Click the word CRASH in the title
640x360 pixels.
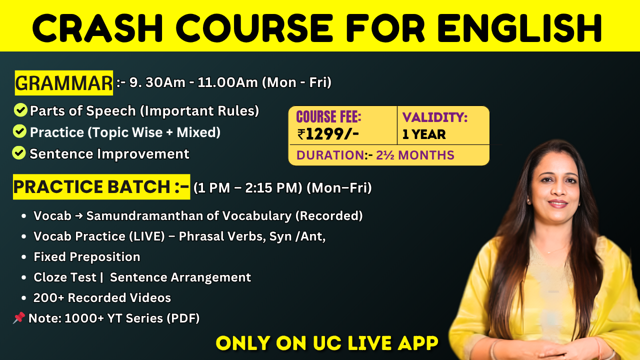point(97,28)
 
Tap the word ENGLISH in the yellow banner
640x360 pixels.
point(519,28)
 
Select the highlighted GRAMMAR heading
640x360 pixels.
point(63,83)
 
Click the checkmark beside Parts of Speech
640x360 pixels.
point(20,110)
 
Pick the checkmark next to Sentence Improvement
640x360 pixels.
point(19,152)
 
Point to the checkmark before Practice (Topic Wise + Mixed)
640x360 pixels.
point(19,131)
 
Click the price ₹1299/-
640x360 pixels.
point(327,134)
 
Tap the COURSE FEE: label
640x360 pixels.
point(328,116)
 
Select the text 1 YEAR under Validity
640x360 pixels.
point(424,134)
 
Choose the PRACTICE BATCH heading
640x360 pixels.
point(101,186)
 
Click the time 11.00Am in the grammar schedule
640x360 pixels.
point(227,82)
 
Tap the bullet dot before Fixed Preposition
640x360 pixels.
point(23,257)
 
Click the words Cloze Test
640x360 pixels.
point(65,277)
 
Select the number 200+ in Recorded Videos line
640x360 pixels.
point(49,297)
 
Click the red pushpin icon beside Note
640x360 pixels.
point(19,318)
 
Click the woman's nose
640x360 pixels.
point(557,192)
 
